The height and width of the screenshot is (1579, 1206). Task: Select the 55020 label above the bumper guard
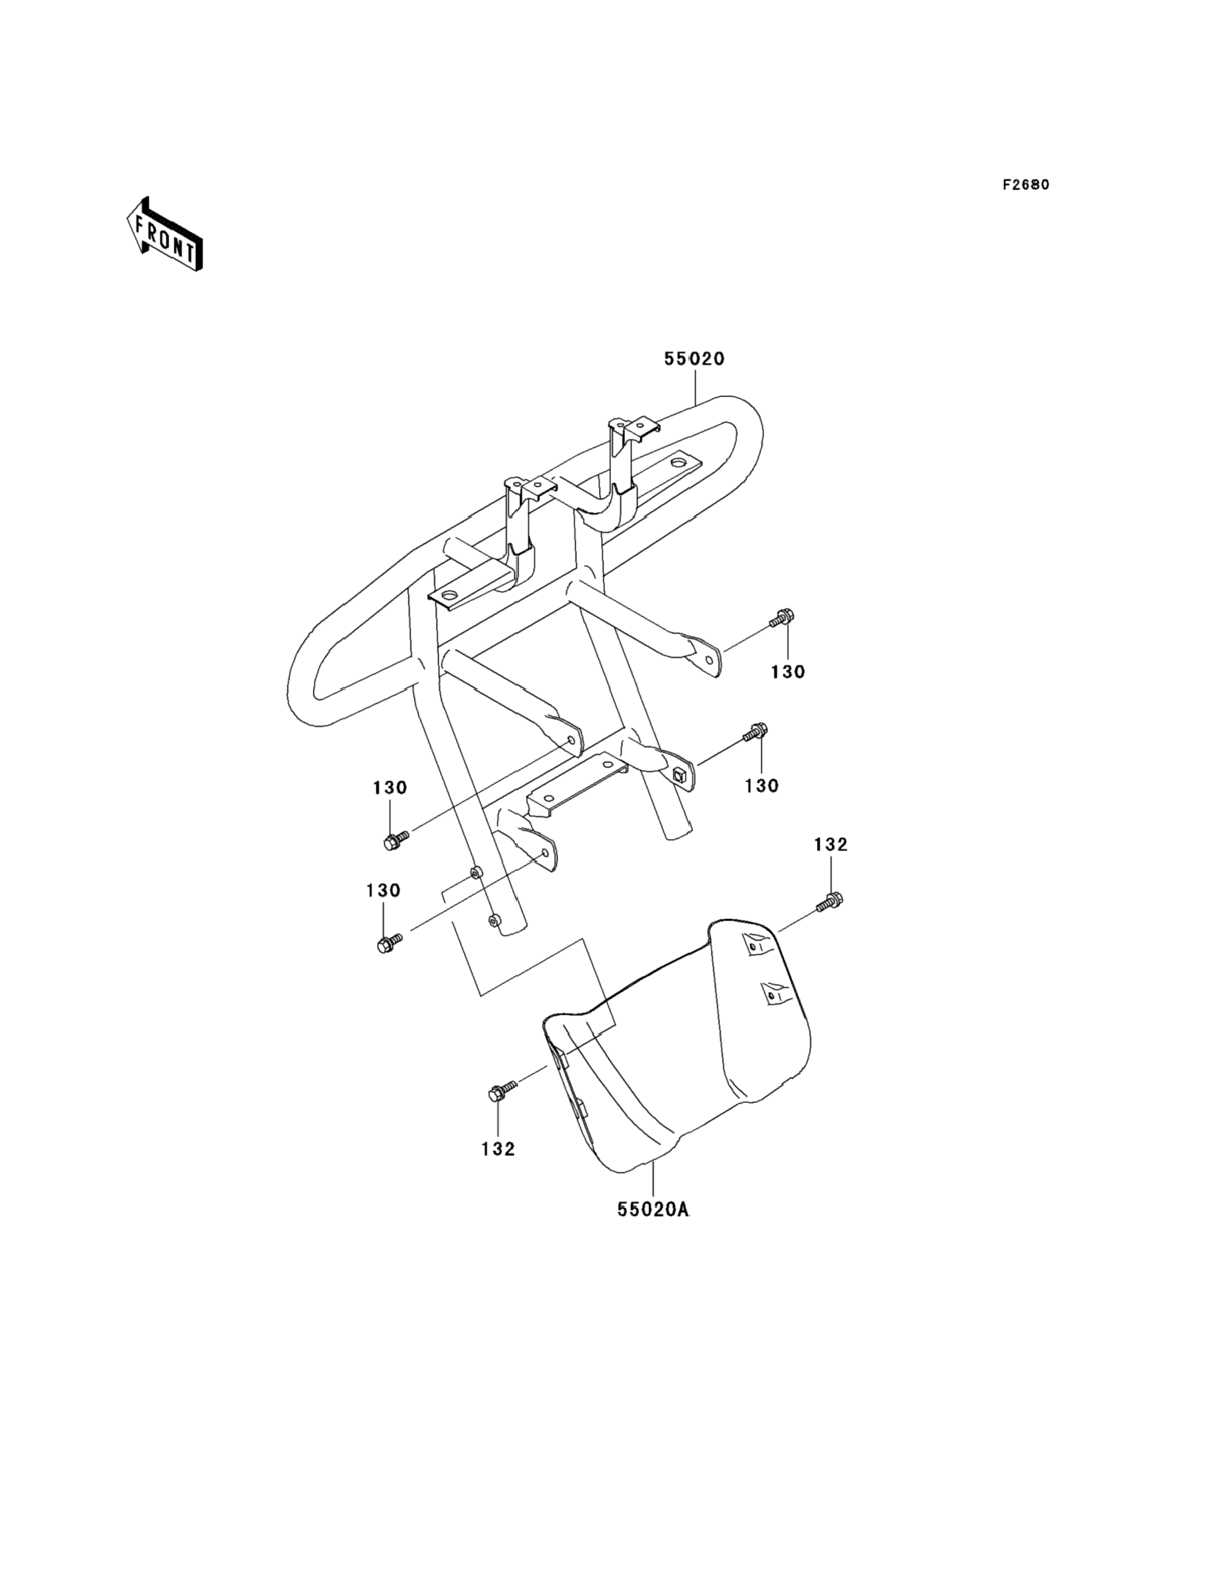(694, 359)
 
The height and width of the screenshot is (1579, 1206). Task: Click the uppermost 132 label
(830, 845)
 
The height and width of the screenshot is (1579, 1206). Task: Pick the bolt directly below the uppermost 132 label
(831, 900)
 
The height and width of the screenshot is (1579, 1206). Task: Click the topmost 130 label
(788, 673)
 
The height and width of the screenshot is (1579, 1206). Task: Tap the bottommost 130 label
(383, 890)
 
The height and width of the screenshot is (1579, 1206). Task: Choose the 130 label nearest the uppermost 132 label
(761, 786)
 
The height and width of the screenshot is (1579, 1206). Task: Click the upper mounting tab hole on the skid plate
(752, 948)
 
